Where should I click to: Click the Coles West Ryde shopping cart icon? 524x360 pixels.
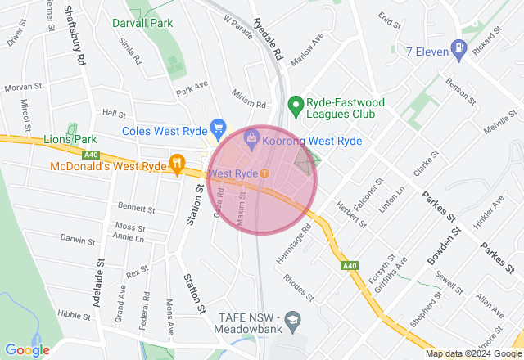pos(218,128)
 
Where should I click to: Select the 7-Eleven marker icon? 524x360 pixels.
pos(459,50)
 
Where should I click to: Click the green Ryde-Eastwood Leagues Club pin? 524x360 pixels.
pos(295,105)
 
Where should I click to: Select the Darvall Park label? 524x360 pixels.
pos(142,23)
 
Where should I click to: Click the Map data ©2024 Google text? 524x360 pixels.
pos(472,353)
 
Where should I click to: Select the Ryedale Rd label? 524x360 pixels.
pos(268,41)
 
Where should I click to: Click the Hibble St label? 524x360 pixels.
pos(74,315)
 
